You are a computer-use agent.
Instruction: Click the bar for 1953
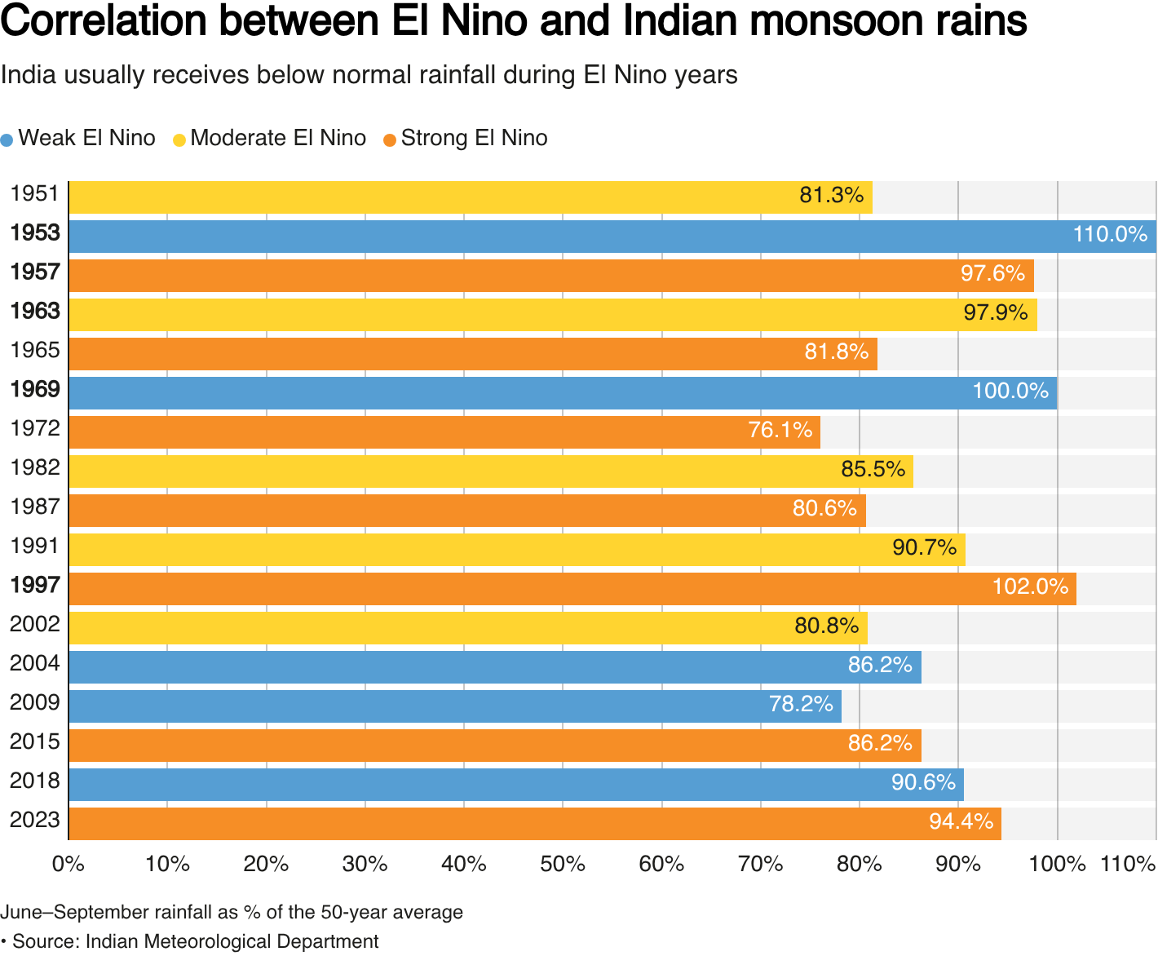point(612,237)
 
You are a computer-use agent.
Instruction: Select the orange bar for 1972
point(444,432)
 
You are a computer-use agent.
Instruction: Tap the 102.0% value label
point(1030,587)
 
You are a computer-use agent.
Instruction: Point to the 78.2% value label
point(801,704)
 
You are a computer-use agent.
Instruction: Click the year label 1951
point(35,194)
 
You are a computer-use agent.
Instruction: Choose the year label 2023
point(35,820)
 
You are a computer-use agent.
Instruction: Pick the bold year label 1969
point(35,390)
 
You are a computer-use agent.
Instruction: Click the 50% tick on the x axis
point(563,864)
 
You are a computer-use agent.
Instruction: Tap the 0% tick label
point(69,864)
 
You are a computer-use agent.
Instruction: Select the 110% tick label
point(1128,864)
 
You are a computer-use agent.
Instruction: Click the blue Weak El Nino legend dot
point(7,139)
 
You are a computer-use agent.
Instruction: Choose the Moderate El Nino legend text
point(277,139)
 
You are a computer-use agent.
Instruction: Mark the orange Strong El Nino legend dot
point(390,139)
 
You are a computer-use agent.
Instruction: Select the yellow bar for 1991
point(517,550)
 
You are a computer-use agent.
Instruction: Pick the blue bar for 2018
point(515,785)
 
